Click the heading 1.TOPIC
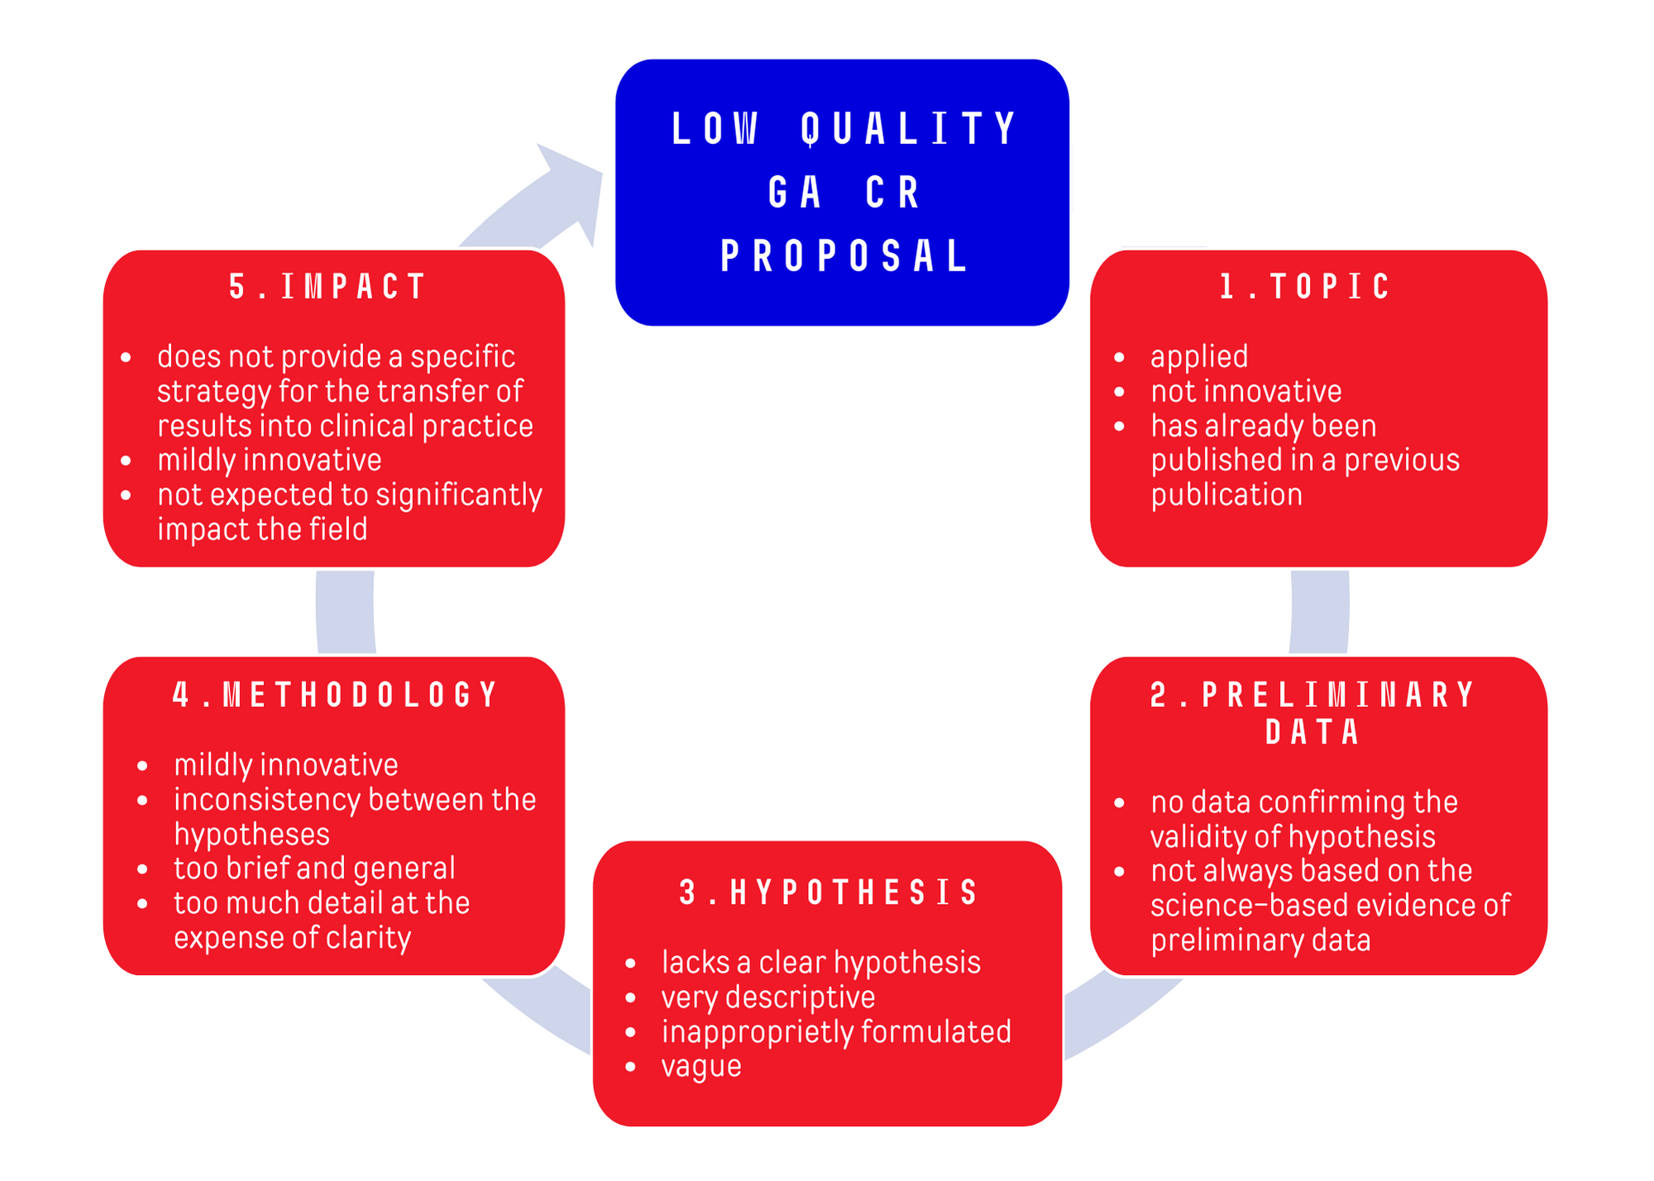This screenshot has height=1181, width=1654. click(x=1306, y=287)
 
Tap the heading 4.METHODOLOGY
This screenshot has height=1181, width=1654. click(x=335, y=695)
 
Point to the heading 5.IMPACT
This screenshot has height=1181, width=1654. click(x=327, y=287)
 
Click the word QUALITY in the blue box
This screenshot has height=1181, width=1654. click(x=910, y=129)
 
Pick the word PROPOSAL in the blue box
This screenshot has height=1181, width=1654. click(x=844, y=256)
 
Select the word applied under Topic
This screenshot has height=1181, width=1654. click(x=1199, y=356)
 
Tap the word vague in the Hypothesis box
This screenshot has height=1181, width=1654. click(x=701, y=1066)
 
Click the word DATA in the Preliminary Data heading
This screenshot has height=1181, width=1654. click(x=1313, y=733)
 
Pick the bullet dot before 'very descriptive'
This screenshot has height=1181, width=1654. click(x=631, y=998)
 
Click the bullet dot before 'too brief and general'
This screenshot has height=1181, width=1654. click(x=143, y=869)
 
